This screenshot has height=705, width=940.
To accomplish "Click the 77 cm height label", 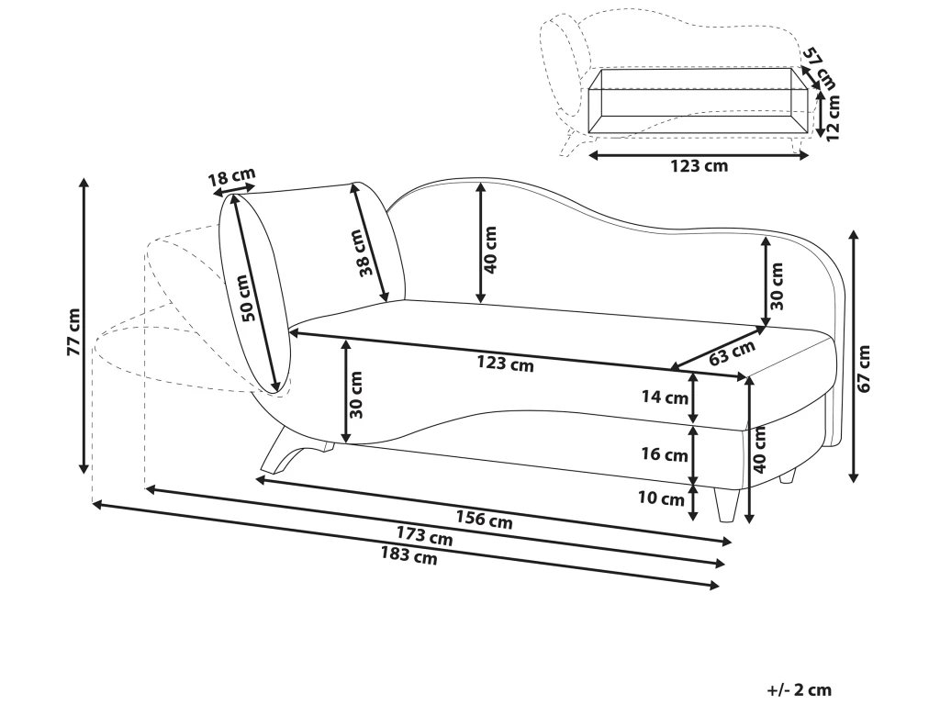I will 73,331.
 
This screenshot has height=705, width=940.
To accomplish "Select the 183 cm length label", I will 409,555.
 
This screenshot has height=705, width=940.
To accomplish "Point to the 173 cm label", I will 425,536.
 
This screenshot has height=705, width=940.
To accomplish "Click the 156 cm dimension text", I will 485,520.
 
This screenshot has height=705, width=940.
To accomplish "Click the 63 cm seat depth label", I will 733,352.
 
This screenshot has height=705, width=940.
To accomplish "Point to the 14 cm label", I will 665,397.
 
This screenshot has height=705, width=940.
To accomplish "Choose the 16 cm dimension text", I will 665,454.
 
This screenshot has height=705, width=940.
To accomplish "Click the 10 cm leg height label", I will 661,499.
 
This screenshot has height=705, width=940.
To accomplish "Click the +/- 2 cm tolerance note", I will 799,688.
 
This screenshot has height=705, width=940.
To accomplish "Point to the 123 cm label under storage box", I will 699,166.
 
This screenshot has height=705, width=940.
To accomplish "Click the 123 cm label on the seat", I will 505,364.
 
